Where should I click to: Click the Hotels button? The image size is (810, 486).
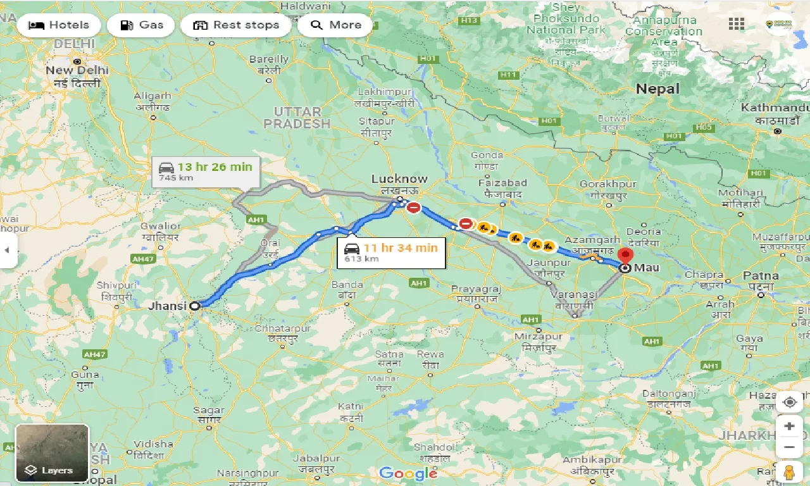pos(59,25)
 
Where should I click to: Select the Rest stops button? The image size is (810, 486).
pos(236,25)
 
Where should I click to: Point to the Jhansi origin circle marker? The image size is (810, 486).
pos(195,306)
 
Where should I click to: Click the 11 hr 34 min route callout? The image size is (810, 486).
pos(387,252)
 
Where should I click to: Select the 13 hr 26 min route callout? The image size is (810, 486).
pos(205,171)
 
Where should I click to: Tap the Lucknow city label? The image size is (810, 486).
pos(399,179)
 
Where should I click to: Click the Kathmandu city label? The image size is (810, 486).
pos(775,108)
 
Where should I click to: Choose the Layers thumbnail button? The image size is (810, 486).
pos(52,452)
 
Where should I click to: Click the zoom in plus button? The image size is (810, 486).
pos(789,426)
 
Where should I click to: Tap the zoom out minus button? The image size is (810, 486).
pos(789,447)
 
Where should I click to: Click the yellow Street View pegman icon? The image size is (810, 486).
pos(788,472)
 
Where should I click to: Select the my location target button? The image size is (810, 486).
pos(789,402)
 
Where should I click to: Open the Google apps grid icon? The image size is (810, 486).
pos(737,24)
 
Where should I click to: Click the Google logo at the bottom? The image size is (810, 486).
pos(408,473)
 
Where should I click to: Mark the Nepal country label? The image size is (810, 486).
pos(657,89)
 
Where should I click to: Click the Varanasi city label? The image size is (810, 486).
pos(575,295)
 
